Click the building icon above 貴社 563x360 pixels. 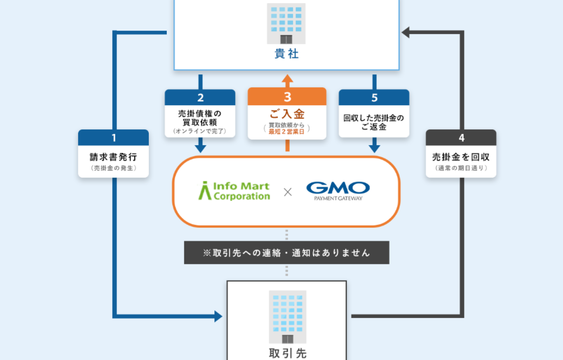pos(286,24)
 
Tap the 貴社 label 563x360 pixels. pos(286,54)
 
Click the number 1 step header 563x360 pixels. pos(114,138)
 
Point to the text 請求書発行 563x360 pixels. pos(113,157)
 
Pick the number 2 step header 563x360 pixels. pos(200,98)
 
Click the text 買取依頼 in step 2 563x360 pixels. pos(200,122)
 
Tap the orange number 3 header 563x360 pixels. pos(287,97)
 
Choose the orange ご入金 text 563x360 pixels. pos(287,114)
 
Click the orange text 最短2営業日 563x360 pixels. pos(287,131)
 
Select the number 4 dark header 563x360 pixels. pos(461,138)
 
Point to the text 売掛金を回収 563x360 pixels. pos(461,157)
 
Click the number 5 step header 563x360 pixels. pos(374,98)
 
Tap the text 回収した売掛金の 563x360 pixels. pos(374,118)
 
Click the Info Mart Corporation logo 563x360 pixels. pos(234,191)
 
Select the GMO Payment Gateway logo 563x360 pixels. pos(338,191)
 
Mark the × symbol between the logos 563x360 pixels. pos(287,192)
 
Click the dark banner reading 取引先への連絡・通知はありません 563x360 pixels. pos(286,253)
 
